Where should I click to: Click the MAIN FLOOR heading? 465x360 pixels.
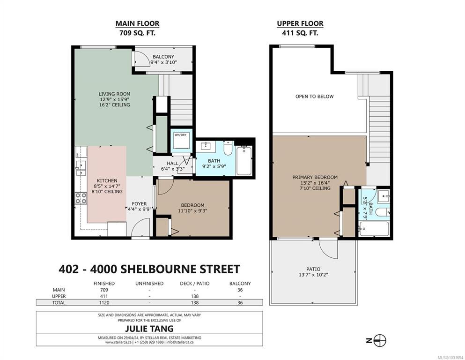pos(137,23)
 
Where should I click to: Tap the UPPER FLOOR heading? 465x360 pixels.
pos(300,23)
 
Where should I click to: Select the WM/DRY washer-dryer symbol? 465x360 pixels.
pos(181,141)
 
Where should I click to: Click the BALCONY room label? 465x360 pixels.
pos(163,57)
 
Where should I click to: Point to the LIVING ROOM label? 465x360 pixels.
pos(114,94)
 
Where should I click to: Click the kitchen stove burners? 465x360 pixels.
pos(81,198)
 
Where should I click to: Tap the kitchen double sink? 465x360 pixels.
pos(81,168)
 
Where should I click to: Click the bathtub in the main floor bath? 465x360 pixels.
pos(244,161)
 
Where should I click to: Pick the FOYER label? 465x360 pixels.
pos(140,203)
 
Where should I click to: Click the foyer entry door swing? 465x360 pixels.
pos(140,227)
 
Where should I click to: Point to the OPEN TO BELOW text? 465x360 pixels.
pos(314,97)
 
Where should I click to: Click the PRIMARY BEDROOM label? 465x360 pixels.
pos(315,177)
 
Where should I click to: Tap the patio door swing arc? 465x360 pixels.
pos(328,248)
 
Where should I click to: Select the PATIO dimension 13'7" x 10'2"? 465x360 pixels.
pos(313,275)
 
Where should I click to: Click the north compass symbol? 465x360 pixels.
pos(380,340)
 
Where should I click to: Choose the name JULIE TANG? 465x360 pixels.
pos(149,329)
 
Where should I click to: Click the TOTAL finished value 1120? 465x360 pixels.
pos(104,303)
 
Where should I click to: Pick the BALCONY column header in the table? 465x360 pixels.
pos(240,284)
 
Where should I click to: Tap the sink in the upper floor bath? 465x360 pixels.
pos(384,196)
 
